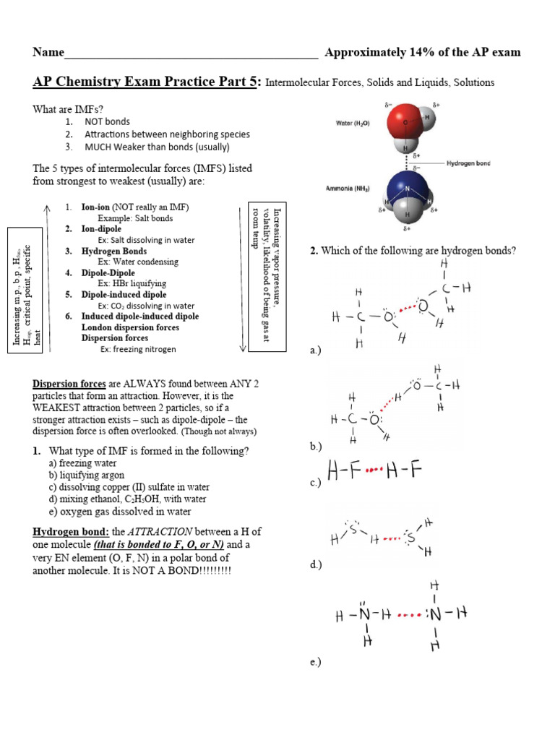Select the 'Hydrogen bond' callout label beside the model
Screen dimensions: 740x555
click(x=468, y=163)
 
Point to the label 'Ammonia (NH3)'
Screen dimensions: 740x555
click(x=350, y=189)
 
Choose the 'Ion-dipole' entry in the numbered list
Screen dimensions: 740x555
click(x=101, y=228)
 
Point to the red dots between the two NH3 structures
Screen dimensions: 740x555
click(x=409, y=616)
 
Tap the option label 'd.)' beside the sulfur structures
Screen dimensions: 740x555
click(x=316, y=564)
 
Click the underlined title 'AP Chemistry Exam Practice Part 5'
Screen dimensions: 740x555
click(x=145, y=82)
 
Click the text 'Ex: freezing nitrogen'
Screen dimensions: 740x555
click(x=138, y=349)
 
